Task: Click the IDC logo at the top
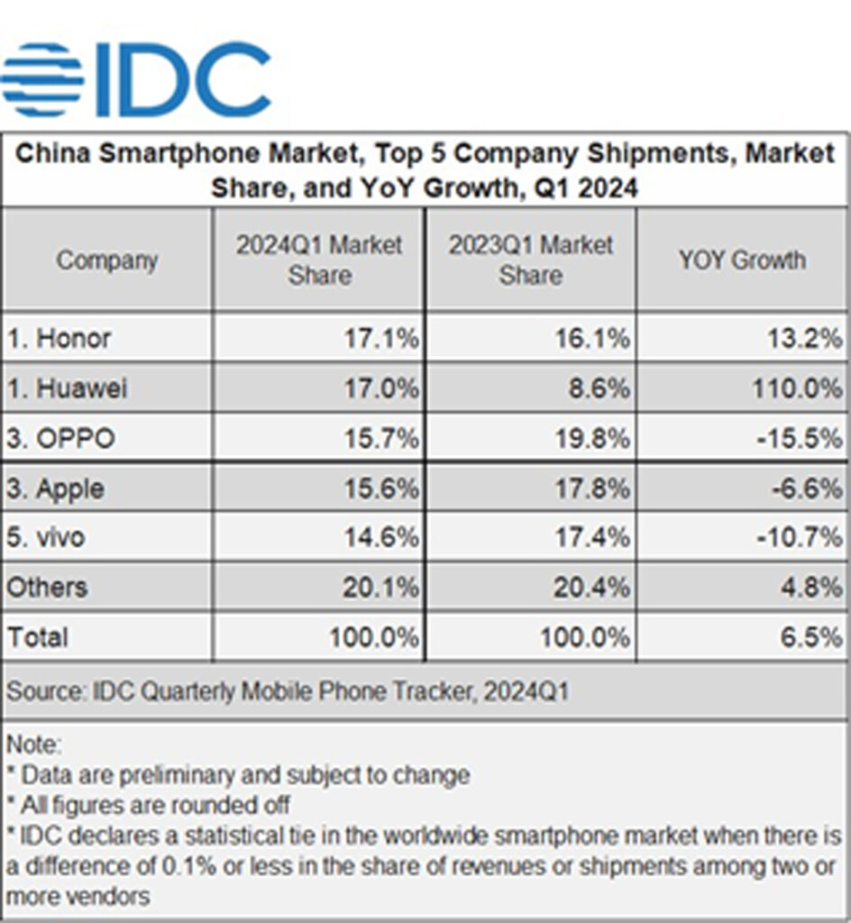pos(135,78)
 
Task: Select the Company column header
pos(107,260)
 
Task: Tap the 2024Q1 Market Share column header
pos(319,260)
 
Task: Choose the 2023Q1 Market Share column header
pos(531,260)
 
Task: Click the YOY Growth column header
pos(742,260)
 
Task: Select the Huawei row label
pos(68,388)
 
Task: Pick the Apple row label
pos(56,489)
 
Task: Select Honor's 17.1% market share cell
pos(381,339)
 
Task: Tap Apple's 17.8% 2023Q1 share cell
pos(592,489)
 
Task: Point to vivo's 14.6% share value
pos(381,538)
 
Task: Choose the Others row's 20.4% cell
pos(592,588)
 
